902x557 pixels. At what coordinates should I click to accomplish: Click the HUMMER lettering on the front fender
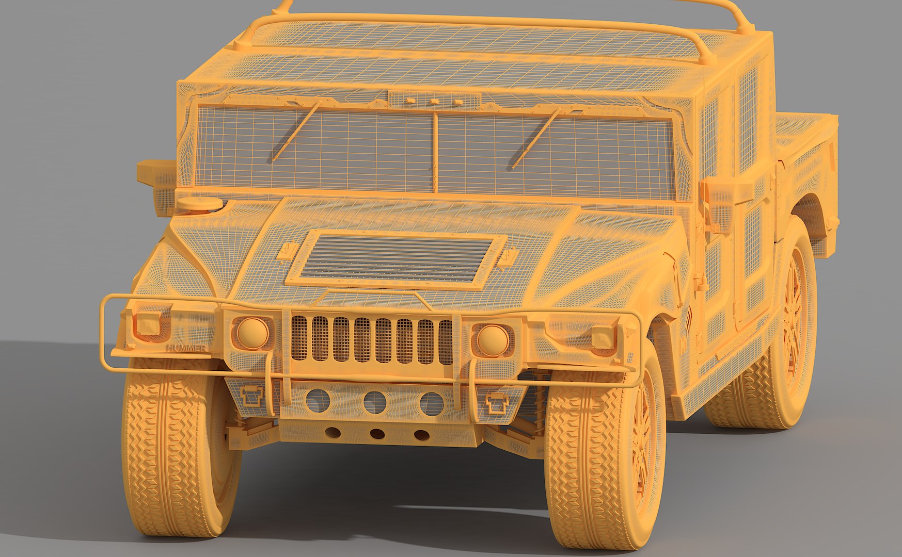(x=186, y=348)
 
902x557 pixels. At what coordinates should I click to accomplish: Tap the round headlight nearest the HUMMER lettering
(x=253, y=333)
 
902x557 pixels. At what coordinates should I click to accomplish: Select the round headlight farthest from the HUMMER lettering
(x=492, y=339)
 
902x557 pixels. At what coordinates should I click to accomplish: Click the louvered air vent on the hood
(x=396, y=258)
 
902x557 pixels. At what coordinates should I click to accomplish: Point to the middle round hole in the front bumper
(x=375, y=402)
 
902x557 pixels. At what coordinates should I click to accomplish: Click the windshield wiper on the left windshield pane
(x=296, y=132)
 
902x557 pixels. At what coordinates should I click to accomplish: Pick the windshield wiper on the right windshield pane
(x=536, y=138)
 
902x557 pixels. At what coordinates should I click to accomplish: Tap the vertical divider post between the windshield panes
(x=435, y=152)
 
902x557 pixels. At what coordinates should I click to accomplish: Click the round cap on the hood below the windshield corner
(x=200, y=203)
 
